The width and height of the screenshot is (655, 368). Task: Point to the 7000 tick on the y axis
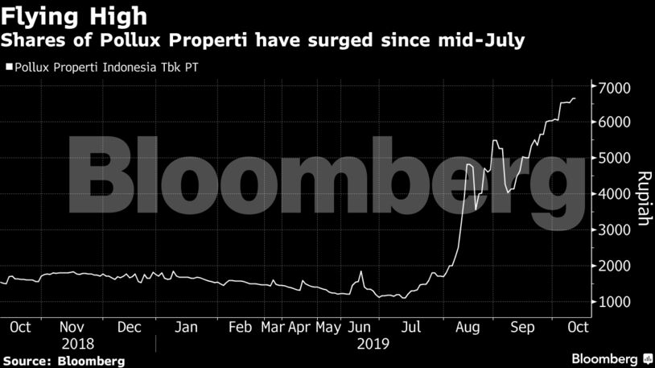(614, 87)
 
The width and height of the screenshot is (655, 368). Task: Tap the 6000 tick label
(614, 122)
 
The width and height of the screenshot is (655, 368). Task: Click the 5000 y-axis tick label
(614, 159)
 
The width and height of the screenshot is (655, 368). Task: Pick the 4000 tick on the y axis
(614, 194)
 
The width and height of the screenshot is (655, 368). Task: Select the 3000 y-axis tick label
(614, 230)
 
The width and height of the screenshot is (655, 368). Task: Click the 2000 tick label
(614, 266)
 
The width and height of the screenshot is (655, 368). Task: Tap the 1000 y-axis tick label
(614, 302)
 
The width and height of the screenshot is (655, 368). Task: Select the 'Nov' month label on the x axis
(73, 328)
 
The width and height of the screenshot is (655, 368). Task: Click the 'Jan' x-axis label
(187, 328)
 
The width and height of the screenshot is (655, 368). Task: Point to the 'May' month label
(328, 328)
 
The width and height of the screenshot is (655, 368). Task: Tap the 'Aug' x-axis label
(467, 328)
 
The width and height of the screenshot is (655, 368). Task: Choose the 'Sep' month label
(523, 328)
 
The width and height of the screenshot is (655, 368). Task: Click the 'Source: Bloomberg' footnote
(63, 360)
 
